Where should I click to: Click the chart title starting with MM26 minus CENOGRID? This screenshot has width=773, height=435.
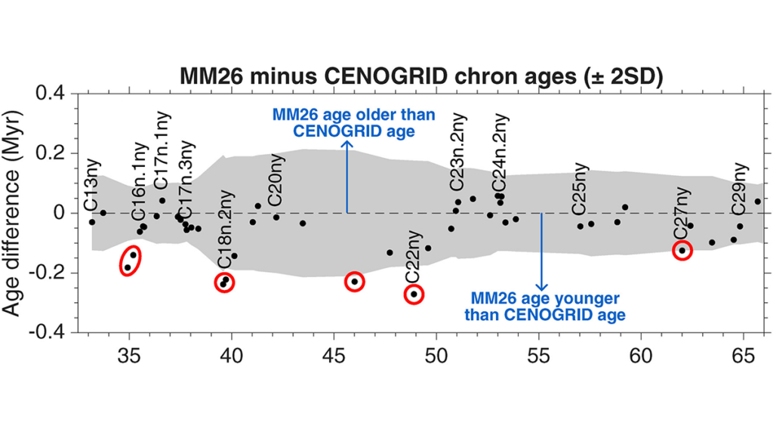(x=421, y=77)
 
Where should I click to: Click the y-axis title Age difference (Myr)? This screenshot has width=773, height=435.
(x=12, y=213)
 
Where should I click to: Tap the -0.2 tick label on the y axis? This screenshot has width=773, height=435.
(x=48, y=273)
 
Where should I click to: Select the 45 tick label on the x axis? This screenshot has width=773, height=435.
(x=334, y=355)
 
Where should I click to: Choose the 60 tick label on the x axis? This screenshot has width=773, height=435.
(x=641, y=355)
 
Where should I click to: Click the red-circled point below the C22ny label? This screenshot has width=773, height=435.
(x=414, y=295)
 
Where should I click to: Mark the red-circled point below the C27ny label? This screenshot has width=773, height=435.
(x=682, y=251)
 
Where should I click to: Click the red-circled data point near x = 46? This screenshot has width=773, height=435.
(x=354, y=282)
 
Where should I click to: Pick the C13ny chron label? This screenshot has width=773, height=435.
(x=92, y=186)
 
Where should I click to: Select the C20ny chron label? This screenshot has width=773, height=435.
(x=276, y=180)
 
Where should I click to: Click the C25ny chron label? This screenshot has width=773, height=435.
(x=581, y=188)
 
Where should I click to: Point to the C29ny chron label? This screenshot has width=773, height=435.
(x=739, y=188)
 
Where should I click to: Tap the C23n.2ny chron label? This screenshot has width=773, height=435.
(x=458, y=151)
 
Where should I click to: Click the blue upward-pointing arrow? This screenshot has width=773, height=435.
(x=347, y=177)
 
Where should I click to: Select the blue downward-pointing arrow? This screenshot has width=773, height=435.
(x=542, y=252)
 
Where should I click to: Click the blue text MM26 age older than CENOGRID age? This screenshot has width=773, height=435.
(x=354, y=123)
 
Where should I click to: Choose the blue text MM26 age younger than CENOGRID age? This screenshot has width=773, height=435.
(x=545, y=307)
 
